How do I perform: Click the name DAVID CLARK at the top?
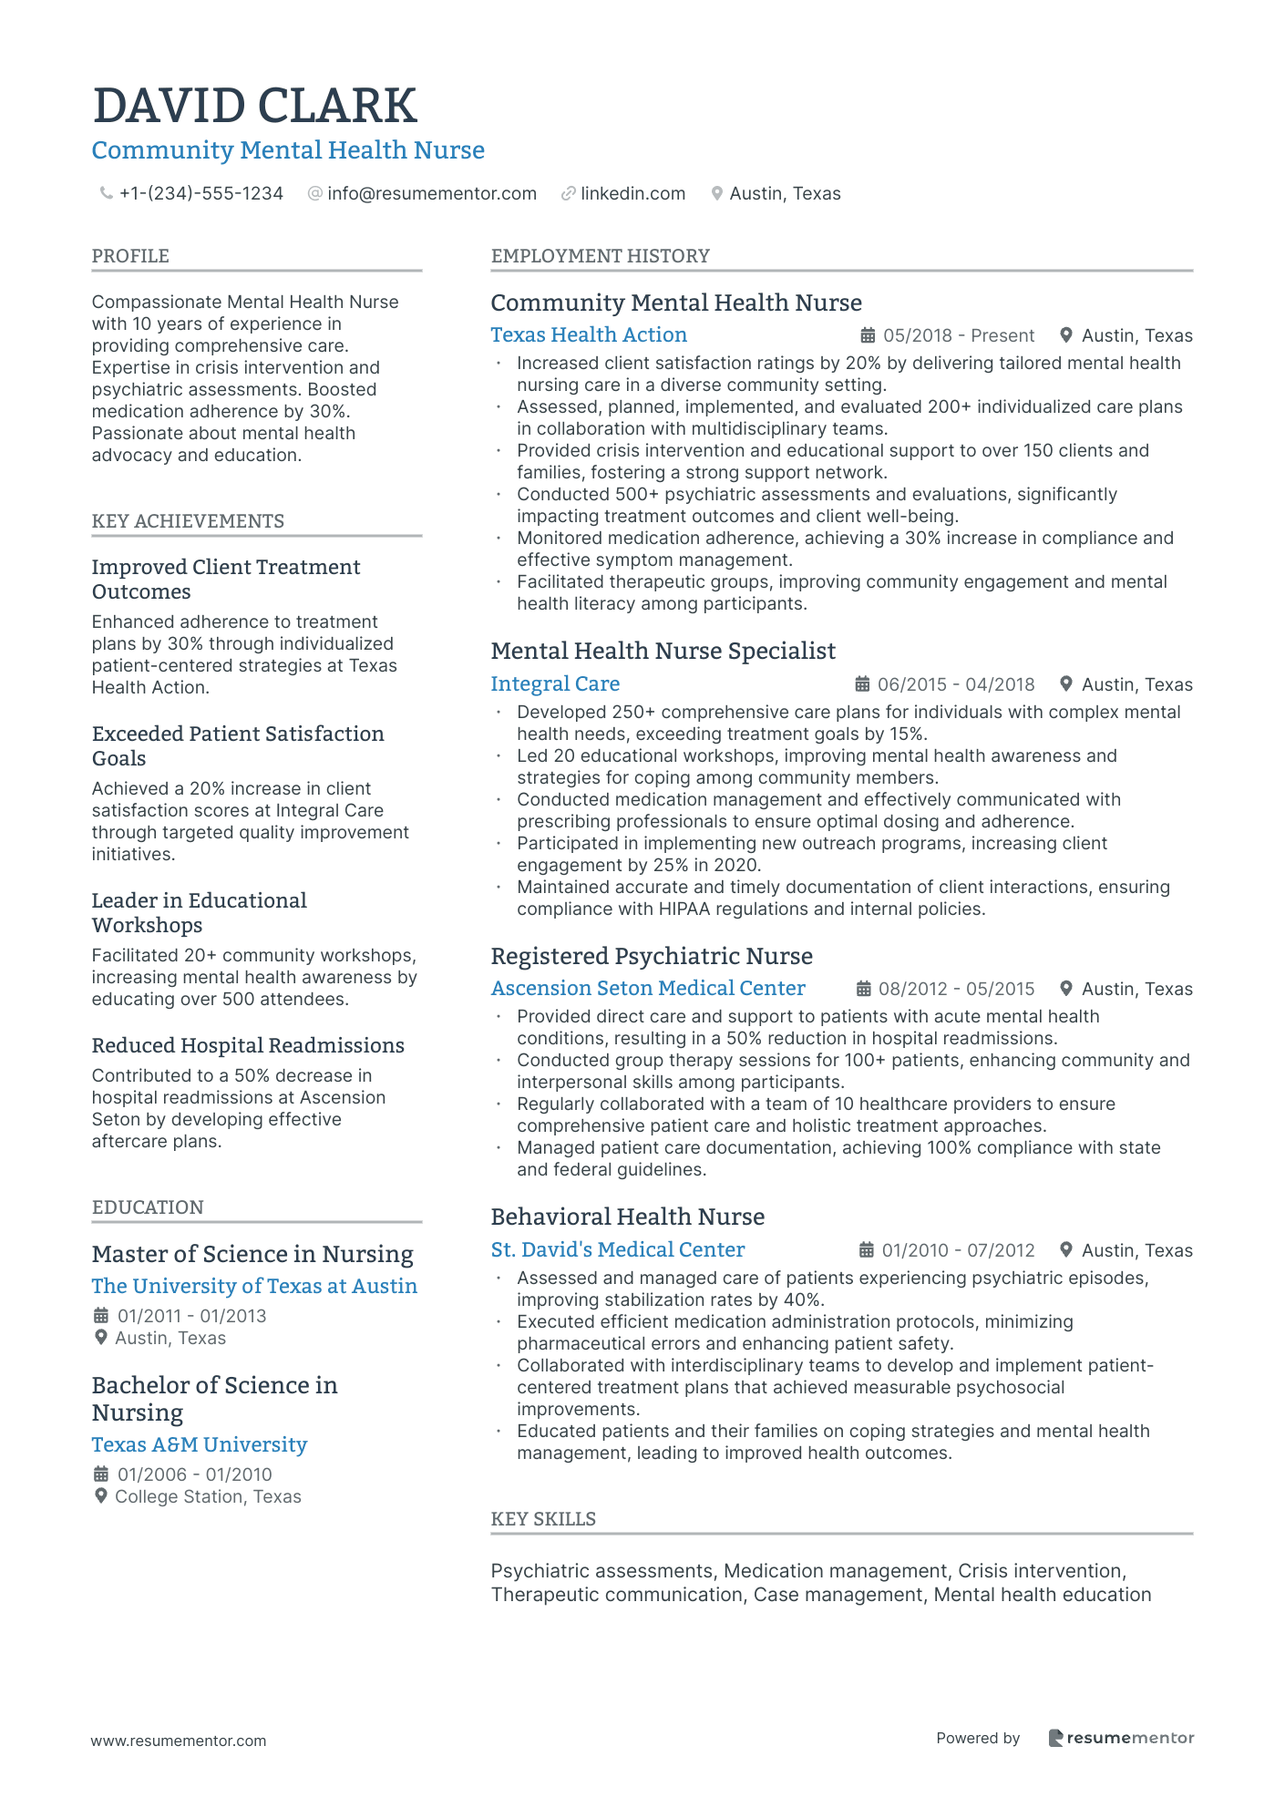(254, 106)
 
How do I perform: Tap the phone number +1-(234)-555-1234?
(200, 193)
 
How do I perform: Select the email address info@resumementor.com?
(431, 193)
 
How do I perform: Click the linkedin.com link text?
(632, 193)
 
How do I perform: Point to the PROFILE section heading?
(130, 256)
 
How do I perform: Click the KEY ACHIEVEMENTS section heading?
(188, 521)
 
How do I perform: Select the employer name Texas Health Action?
(589, 335)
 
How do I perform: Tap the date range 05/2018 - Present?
(958, 335)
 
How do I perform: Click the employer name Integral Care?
(555, 684)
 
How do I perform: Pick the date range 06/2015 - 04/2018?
(955, 684)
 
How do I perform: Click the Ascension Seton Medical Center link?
(648, 989)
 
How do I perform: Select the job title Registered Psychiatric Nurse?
(652, 956)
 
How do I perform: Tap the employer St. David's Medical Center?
(617, 1250)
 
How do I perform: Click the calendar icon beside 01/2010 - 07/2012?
(867, 1250)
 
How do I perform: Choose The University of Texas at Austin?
(254, 1287)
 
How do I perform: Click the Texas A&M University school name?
(200, 1445)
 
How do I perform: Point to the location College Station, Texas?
(208, 1496)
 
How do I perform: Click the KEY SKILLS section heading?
(543, 1519)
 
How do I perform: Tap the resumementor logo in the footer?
(1121, 1738)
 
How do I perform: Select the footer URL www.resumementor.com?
(179, 1741)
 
